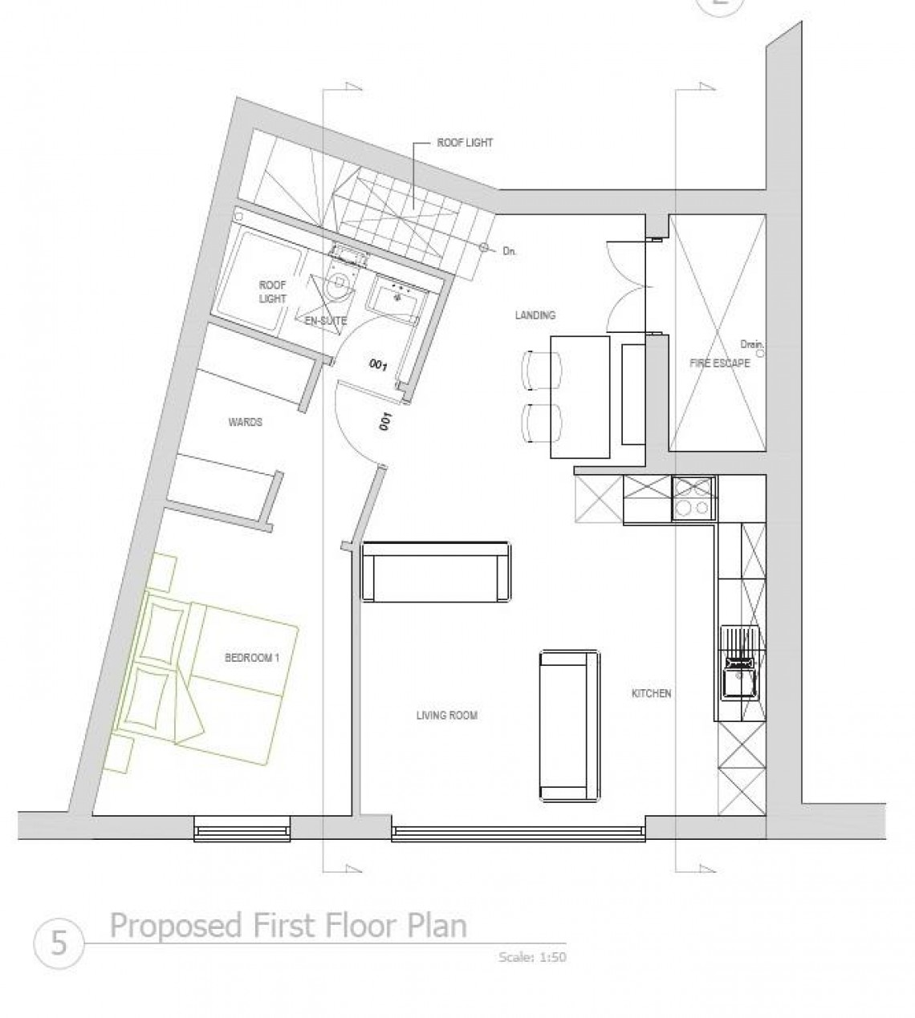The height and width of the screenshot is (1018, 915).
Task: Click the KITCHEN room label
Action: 651,693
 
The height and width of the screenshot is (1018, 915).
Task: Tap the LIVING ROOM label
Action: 447,716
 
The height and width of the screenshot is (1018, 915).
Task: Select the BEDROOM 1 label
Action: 252,658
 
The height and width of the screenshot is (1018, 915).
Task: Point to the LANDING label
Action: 535,315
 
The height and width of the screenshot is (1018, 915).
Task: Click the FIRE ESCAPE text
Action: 719,363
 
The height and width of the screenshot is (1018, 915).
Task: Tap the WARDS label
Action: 246,422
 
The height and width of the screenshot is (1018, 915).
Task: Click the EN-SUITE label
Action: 326,321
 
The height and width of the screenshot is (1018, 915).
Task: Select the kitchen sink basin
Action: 739,679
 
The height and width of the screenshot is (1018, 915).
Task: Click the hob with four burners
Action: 694,498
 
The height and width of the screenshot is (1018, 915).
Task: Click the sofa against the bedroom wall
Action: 436,571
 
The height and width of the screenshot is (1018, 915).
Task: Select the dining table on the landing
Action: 580,397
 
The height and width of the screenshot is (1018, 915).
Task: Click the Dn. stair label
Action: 510,251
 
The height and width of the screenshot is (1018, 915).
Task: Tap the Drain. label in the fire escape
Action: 752,345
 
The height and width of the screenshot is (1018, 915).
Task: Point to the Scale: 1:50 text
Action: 532,957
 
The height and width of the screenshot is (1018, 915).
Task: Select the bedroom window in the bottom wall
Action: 242,829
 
